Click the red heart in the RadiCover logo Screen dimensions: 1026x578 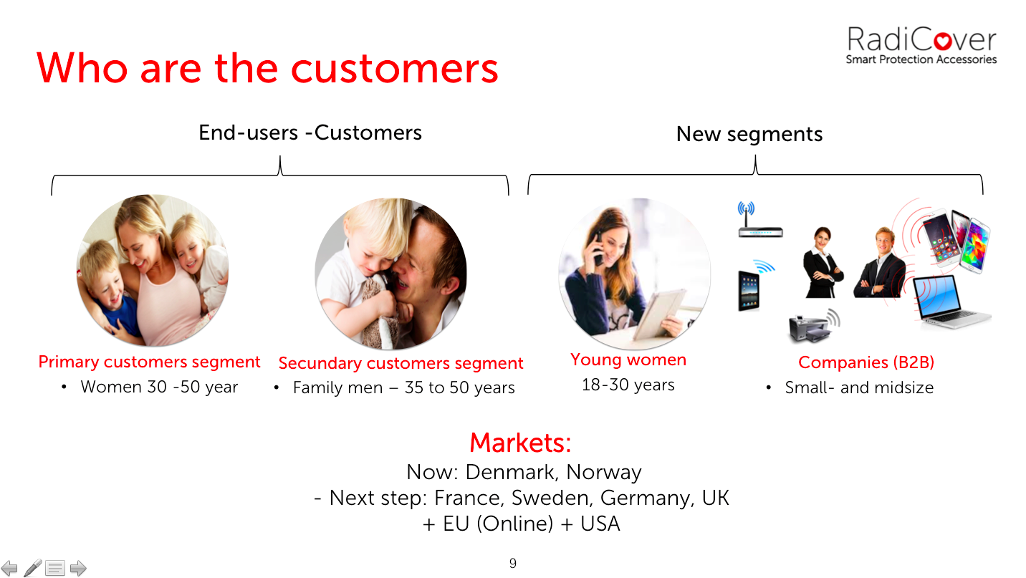(x=942, y=42)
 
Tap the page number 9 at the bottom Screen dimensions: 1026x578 (x=512, y=563)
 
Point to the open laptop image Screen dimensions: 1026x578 (x=951, y=302)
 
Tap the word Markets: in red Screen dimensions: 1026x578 (x=520, y=443)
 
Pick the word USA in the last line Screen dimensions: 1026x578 (x=600, y=524)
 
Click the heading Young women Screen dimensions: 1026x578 (x=628, y=360)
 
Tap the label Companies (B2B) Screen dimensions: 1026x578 (x=866, y=362)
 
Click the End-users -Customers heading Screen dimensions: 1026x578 (x=310, y=133)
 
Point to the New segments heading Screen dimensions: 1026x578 (x=749, y=134)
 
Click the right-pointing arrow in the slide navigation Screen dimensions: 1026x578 (x=78, y=569)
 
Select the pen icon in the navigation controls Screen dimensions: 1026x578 (x=33, y=568)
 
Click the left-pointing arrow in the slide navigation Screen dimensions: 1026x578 (x=9, y=569)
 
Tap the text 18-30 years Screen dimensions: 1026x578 (x=628, y=385)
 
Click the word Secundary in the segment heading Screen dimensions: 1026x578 (x=320, y=363)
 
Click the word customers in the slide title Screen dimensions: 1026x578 (x=394, y=69)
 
